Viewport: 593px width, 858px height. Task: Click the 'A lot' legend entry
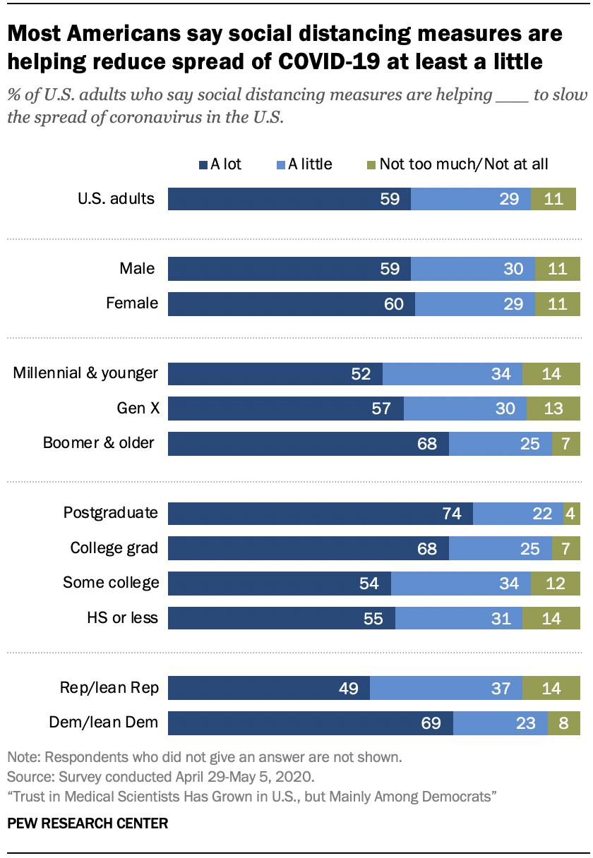[x=220, y=164]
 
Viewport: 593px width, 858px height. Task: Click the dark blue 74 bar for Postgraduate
[x=320, y=513]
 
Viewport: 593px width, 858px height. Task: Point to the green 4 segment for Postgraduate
[x=571, y=513]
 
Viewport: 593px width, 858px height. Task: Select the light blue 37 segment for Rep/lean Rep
[x=445, y=688]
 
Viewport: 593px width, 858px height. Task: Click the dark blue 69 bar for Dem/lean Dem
[x=310, y=723]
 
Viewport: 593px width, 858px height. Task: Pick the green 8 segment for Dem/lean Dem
[x=563, y=723]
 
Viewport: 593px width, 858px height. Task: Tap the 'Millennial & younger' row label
[x=85, y=373]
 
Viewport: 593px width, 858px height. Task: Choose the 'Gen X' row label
[x=137, y=408]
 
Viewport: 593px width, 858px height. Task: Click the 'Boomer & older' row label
[x=99, y=443]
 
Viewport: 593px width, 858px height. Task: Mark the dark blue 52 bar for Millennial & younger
[x=275, y=373]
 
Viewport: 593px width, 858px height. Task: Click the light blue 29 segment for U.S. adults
[x=470, y=198]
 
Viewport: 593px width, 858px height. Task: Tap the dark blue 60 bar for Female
[x=291, y=304]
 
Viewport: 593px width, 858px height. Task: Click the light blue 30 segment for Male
[x=472, y=269]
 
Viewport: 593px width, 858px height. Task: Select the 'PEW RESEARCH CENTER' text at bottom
[x=88, y=823]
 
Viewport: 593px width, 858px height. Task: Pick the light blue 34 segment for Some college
[x=460, y=583]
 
